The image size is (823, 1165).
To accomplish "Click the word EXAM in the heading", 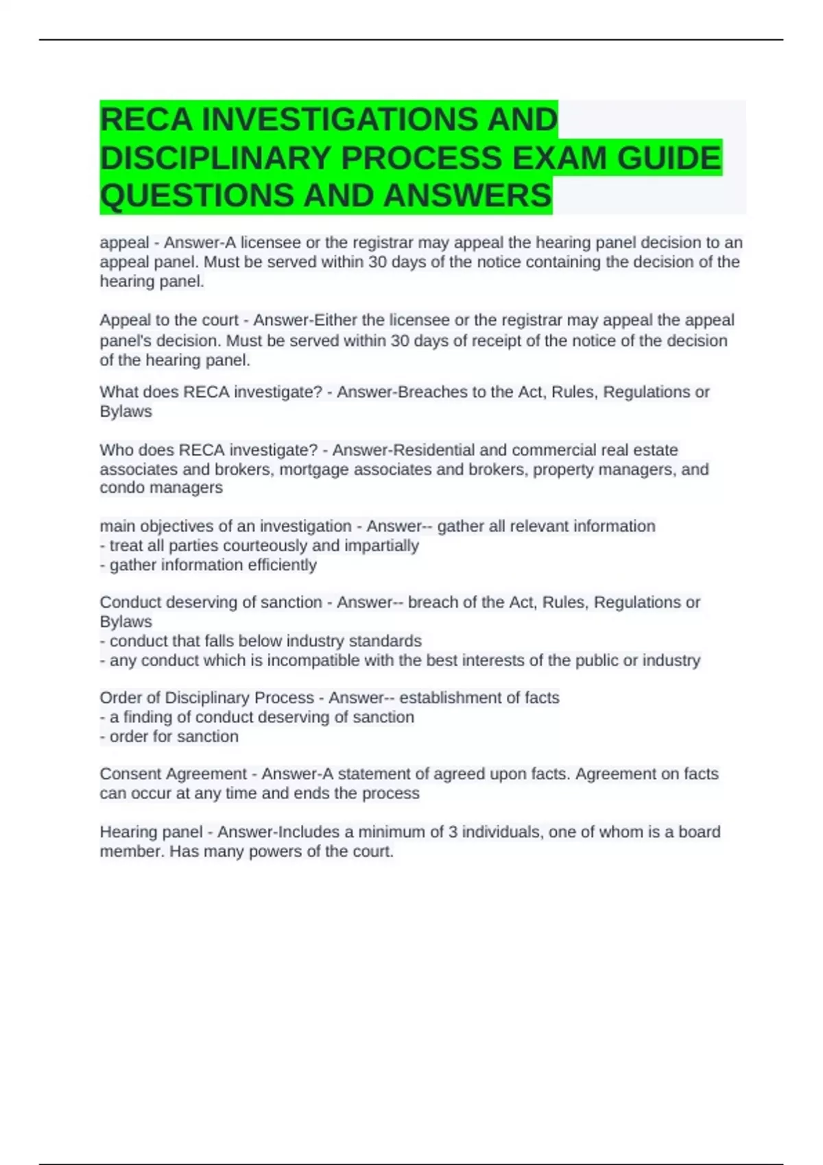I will [559, 158].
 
